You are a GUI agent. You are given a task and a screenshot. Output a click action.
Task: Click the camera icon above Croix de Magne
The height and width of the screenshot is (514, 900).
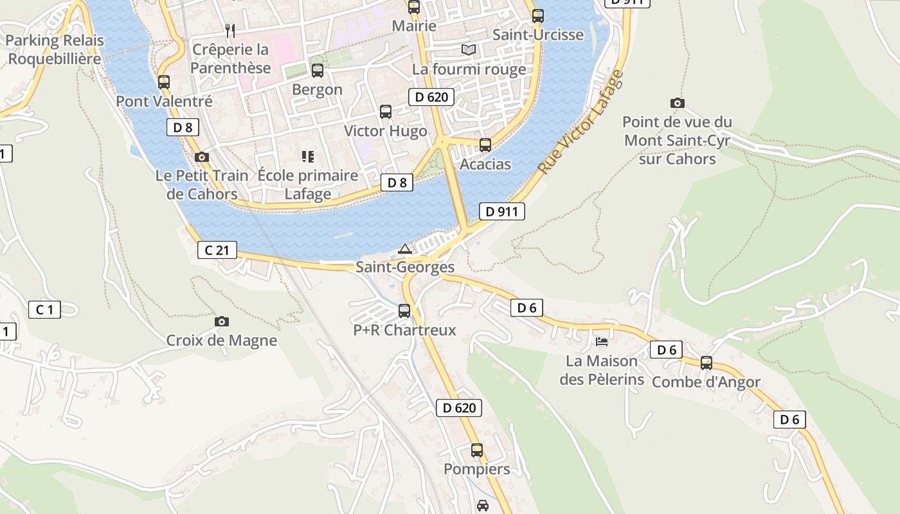[222, 321]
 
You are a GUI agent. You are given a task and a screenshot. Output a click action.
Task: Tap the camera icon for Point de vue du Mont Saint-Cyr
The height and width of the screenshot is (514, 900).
[677, 103]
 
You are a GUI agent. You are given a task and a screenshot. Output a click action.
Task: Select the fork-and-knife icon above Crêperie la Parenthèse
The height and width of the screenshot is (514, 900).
[230, 30]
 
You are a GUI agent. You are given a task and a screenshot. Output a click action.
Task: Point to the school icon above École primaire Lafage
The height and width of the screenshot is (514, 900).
[307, 156]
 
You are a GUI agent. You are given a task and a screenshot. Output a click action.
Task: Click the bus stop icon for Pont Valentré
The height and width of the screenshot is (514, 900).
[164, 82]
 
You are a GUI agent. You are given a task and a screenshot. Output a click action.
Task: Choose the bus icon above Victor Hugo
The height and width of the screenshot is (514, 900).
[386, 112]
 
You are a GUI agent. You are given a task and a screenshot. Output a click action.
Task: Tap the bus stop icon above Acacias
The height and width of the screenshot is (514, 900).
[485, 145]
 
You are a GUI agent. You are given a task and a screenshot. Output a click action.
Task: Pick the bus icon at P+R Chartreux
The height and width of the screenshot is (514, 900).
[404, 311]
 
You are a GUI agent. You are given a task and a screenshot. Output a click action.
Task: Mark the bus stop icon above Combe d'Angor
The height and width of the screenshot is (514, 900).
[706, 363]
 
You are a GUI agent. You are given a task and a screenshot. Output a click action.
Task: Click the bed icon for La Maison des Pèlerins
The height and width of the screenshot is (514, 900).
[602, 341]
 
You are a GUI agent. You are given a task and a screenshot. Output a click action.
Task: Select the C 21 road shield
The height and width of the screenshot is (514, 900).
[217, 250]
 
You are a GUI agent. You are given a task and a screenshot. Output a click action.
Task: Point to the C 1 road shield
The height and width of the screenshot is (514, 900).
[44, 310]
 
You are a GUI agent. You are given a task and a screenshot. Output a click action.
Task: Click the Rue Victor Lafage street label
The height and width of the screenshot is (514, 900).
[580, 122]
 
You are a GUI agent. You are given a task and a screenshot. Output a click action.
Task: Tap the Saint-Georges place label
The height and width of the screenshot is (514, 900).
[405, 267]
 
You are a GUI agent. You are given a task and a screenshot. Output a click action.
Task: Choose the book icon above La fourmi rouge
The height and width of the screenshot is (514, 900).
[469, 49]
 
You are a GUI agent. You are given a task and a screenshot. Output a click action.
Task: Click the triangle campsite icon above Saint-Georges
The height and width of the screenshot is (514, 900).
[404, 249]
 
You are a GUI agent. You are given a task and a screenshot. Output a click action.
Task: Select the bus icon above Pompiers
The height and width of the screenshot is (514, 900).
[476, 450]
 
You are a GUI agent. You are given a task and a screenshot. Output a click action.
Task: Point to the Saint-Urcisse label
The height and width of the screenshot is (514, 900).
[538, 35]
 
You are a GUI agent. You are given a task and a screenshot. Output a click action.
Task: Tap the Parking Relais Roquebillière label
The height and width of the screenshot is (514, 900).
[55, 50]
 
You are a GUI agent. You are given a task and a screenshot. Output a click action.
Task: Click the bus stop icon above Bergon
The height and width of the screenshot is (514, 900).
[318, 71]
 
